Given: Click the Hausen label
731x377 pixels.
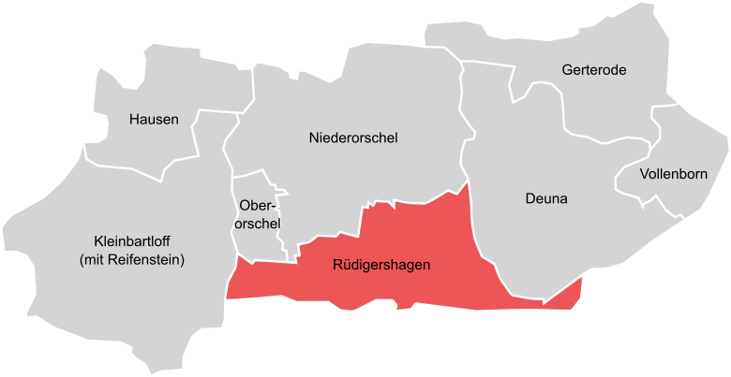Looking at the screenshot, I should pyautogui.click(x=154, y=119).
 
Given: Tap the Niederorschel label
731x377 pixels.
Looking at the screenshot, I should pyautogui.click(x=353, y=138).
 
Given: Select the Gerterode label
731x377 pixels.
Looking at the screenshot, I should pyautogui.click(x=594, y=70).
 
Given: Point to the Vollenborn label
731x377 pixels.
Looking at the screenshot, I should pyautogui.click(x=673, y=174).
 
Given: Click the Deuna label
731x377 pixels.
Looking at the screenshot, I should pyautogui.click(x=546, y=198).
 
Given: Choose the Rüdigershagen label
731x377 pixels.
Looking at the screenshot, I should pyautogui.click(x=381, y=266).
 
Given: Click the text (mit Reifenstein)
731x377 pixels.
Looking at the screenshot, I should pyautogui.click(x=132, y=259).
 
